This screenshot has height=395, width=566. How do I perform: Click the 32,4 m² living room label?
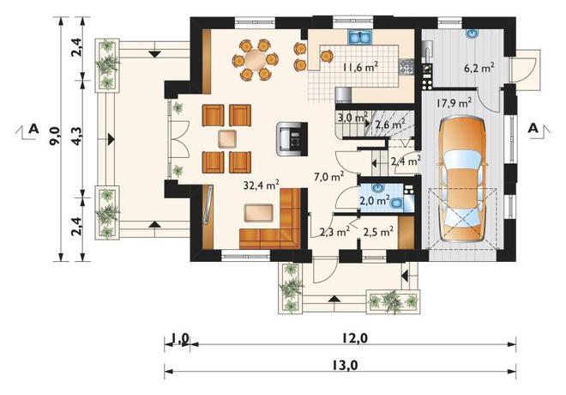pyautogui.click(x=261, y=185)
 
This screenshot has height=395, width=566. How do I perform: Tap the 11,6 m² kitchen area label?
pyautogui.click(x=360, y=66)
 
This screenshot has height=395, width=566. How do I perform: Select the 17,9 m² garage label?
pyautogui.click(x=454, y=103)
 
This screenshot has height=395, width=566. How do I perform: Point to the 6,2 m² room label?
pyautogui.click(x=479, y=68)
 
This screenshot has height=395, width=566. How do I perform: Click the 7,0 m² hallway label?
pyautogui.click(x=328, y=176)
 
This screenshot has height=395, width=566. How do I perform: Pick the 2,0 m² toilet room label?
pyautogui.click(x=375, y=200)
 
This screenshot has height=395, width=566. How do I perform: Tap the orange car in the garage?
pyautogui.click(x=463, y=179)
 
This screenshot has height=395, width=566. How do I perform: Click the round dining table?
pyautogui.click(x=256, y=59)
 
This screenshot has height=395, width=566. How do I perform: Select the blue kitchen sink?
pyautogui.click(x=360, y=37)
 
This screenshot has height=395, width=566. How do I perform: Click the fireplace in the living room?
pyautogui.click(x=292, y=139)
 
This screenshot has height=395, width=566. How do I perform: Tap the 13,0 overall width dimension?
pyautogui.click(x=349, y=365)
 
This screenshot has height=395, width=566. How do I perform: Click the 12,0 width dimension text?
pyautogui.click(x=357, y=338)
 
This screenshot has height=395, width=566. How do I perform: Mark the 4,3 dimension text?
pyautogui.click(x=77, y=136)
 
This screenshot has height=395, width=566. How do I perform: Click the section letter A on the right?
pyautogui.click(x=533, y=128)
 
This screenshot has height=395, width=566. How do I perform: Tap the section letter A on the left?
pyautogui.click(x=33, y=128)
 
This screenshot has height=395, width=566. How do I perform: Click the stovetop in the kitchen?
pyautogui.click(x=406, y=66)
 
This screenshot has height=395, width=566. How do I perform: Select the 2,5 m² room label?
pyautogui.click(x=378, y=231)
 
